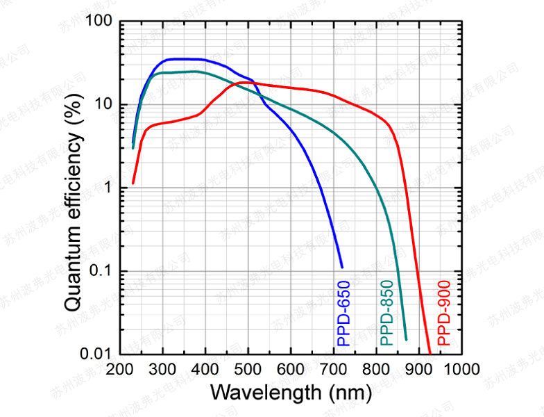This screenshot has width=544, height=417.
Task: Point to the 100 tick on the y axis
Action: [99, 22]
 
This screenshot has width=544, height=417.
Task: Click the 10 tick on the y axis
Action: [103, 105]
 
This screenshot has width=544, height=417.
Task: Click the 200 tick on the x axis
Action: [121, 369]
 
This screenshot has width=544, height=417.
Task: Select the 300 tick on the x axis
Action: [163, 369]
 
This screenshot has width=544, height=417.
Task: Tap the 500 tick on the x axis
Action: [248, 369]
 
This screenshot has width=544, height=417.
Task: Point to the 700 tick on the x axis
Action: [333, 369]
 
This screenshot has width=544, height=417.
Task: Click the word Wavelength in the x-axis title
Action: [265, 392]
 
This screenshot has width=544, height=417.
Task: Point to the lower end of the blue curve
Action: [342, 266]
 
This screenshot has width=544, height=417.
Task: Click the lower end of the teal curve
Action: [406, 339]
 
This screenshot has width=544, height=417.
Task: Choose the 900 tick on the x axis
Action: [418, 369]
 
